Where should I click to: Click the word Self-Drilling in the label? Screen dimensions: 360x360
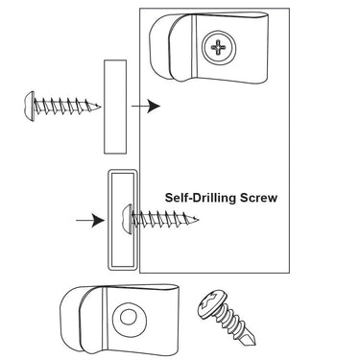tap(201, 198)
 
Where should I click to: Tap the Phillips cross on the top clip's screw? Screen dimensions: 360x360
tap(218, 47)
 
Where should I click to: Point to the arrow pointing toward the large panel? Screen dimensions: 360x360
tap(146, 106)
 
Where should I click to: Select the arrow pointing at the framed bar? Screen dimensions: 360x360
tap(90, 221)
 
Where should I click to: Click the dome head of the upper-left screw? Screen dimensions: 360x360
tap(30, 107)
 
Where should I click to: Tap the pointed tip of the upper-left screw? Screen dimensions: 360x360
tap(101, 107)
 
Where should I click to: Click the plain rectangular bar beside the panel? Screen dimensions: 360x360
tap(115, 107)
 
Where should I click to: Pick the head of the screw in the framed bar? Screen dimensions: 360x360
tap(127, 220)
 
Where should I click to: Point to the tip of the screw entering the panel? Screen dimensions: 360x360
tap(198, 220)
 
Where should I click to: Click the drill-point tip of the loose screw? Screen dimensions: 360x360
tap(252, 341)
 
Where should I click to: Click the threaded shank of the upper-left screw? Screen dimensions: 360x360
tap(66, 107)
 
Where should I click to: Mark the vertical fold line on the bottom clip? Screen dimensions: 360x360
tap(105, 318)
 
